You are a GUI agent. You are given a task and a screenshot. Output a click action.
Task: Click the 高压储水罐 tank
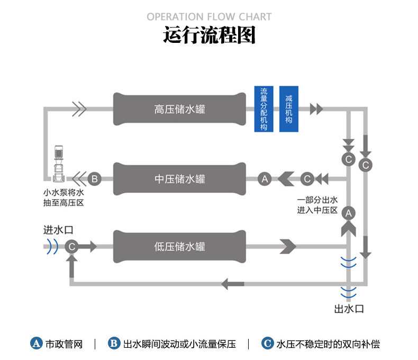coord(179,110)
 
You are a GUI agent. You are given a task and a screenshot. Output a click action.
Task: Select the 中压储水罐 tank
coord(179,179)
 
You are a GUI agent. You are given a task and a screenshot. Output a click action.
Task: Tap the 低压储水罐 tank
coord(179,246)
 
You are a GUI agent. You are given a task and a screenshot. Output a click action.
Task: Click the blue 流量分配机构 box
coord(263,109)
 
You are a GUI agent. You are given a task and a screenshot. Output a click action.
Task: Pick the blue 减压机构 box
coord(288,109)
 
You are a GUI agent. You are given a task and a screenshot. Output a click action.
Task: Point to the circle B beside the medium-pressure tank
coord(94,179)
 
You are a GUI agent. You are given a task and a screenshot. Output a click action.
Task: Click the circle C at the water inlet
coord(71,246)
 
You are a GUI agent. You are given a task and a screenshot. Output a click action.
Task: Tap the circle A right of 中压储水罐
coord(265,179)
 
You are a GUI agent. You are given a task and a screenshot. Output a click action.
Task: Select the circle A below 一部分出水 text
coord(348,213)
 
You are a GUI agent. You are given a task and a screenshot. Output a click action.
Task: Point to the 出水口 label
coord(349,309)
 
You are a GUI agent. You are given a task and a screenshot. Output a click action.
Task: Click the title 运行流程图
coord(209,35)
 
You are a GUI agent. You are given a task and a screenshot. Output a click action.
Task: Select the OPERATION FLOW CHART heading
coord(209,17)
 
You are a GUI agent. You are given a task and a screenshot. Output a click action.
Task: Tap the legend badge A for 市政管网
coord(36,344)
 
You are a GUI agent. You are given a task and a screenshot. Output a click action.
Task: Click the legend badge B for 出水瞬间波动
coord(114,344)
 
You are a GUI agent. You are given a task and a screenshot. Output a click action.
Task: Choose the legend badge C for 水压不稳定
coord(267,344)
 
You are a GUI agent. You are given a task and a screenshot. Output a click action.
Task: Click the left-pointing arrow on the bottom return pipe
coord(232,284)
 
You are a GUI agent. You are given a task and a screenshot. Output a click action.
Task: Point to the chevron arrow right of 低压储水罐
coord(287,246)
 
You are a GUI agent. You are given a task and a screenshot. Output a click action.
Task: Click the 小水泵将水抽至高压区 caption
coord(63,198)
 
